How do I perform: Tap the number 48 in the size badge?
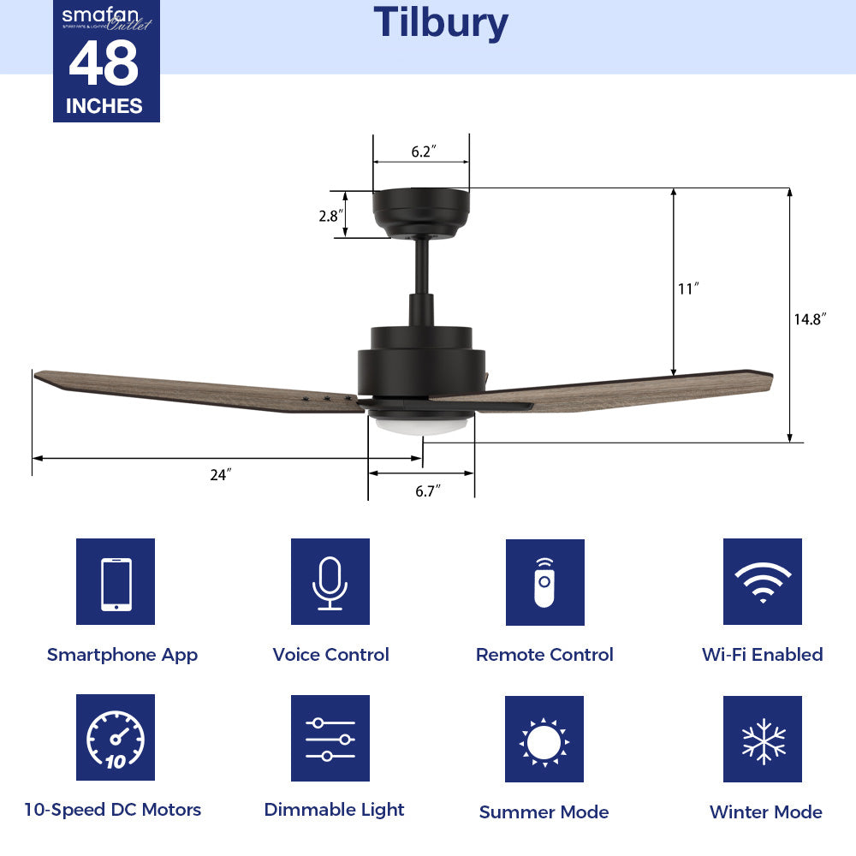(x=104, y=65)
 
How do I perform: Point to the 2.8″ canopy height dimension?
(x=330, y=216)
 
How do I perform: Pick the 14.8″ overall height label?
(x=809, y=318)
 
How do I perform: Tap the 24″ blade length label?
(x=221, y=474)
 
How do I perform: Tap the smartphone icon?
(x=116, y=582)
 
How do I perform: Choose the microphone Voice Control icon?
(x=330, y=582)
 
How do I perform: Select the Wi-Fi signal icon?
(x=762, y=582)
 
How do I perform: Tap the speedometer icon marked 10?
(x=116, y=738)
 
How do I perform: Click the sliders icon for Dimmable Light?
(x=330, y=738)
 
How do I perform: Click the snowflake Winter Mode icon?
(x=762, y=740)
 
